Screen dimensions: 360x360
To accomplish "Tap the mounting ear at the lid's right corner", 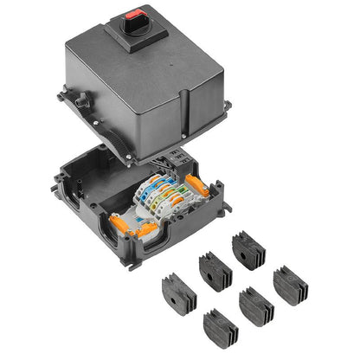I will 227,106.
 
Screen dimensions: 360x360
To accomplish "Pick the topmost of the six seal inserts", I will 247,250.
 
